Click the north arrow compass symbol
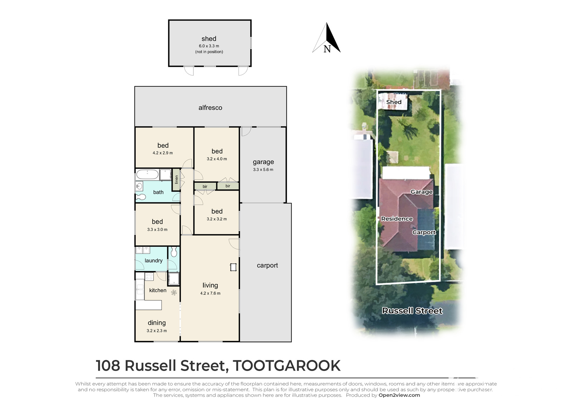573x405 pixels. tap(326, 38)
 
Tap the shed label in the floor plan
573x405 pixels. tap(209, 39)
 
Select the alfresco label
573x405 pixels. tap(210, 108)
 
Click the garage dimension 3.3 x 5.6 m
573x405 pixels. tap(263, 170)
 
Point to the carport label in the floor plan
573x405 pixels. tap(267, 266)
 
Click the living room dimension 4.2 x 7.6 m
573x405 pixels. tap(210, 293)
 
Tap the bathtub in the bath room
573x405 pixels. tap(147, 174)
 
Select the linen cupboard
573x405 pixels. tap(176, 180)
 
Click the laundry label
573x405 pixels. tap(154, 261)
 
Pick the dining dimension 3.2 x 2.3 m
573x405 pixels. tap(157, 331)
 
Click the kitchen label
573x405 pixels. tap(158, 290)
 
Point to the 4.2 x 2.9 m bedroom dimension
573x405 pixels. tap(163, 153)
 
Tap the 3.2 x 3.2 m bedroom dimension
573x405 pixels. tap(217, 219)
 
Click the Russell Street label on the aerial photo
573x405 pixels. tap(412, 311)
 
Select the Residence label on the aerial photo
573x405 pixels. tap(397, 219)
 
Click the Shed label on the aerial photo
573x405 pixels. tap(394, 102)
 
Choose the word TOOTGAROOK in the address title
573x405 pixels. tap(286, 366)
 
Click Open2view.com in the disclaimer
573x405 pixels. tap(399, 395)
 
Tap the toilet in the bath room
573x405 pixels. tap(140, 197)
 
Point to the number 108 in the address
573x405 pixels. tap(108, 366)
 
